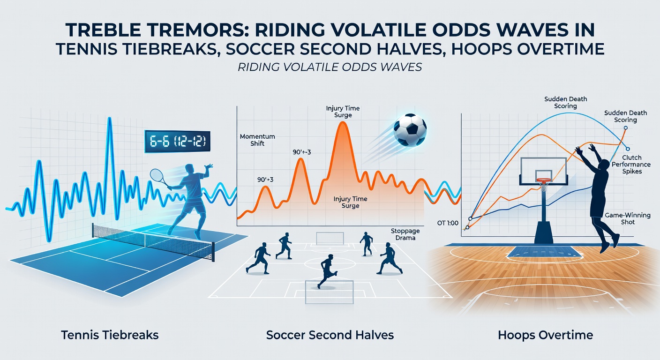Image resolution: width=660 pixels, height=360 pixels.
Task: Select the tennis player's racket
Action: coord(157,176)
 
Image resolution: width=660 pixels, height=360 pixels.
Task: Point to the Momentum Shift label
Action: coord(257,140)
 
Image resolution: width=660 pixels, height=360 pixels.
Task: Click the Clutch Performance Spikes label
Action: coord(633,165)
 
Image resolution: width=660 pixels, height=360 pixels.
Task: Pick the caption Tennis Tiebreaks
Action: coord(110,335)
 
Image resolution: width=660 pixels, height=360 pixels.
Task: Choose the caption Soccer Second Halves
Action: coord(330,335)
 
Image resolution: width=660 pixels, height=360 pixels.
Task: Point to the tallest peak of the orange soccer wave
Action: coord(343,123)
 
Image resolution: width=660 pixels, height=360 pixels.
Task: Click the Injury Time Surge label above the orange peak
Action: coord(342,112)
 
